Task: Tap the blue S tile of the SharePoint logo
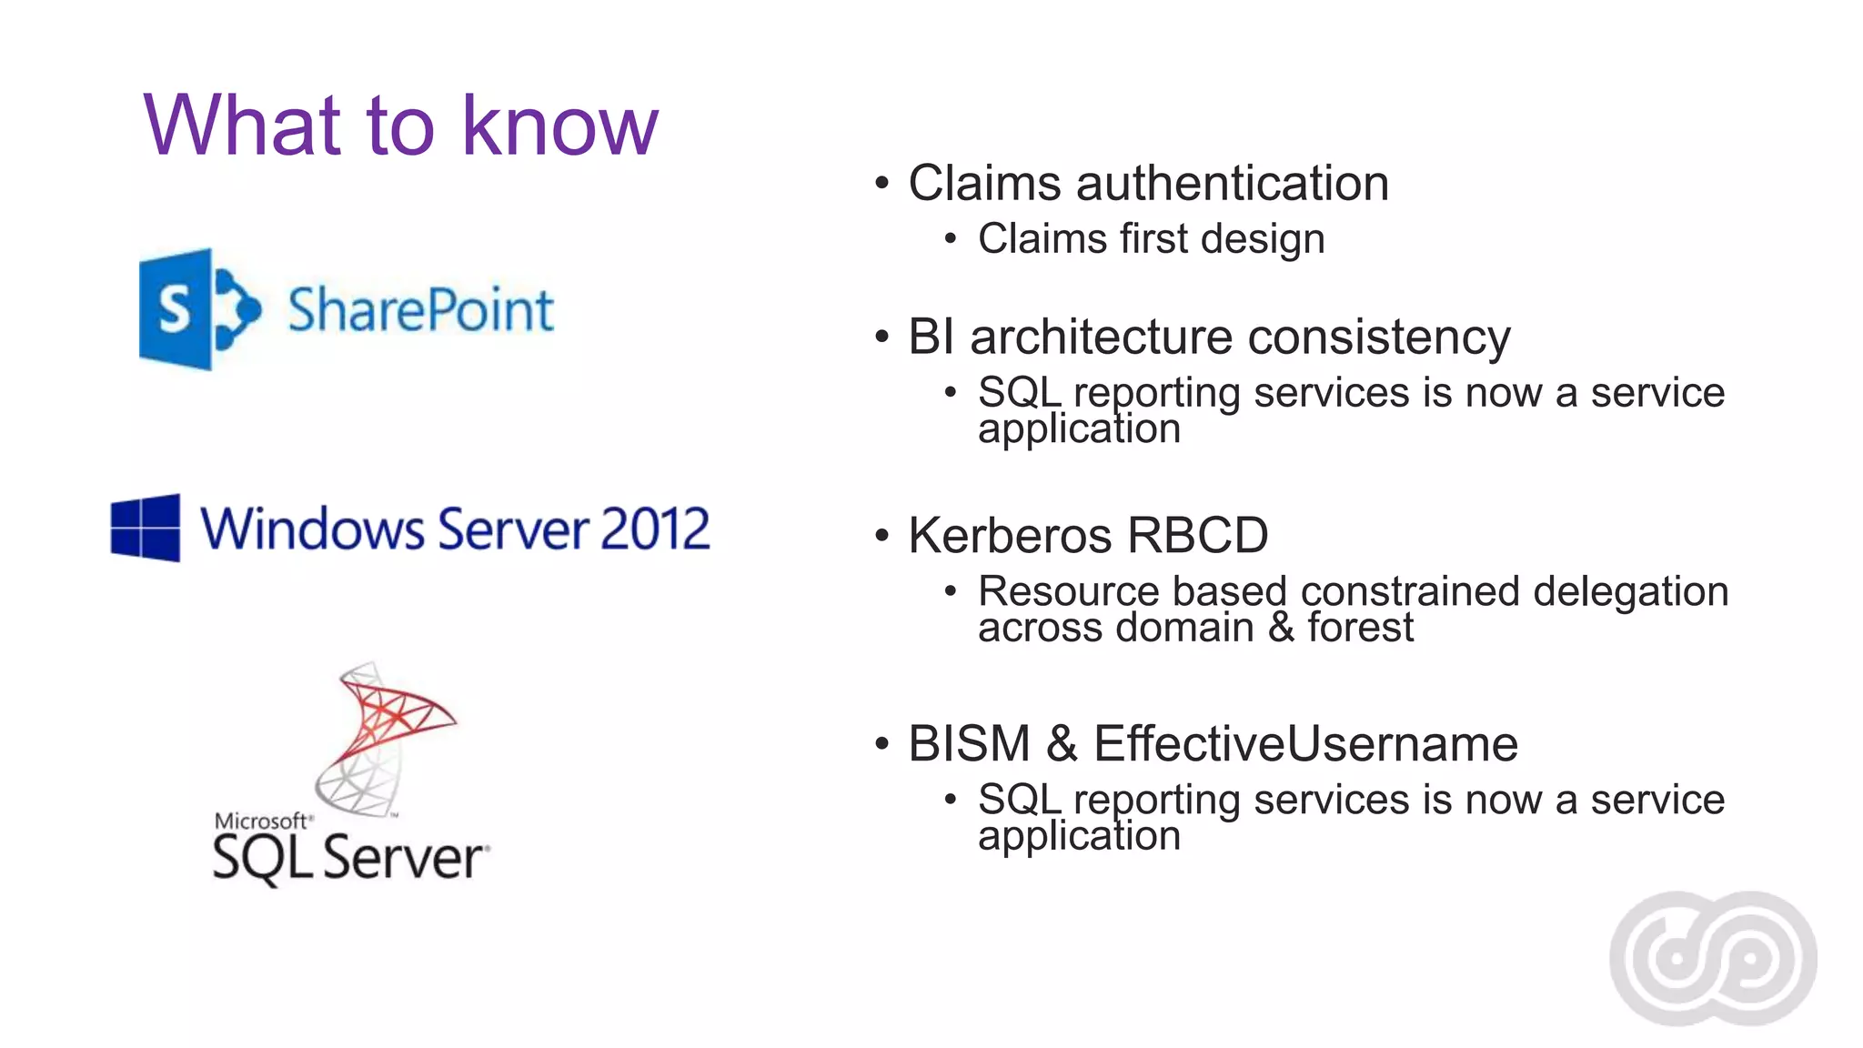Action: coord(176,309)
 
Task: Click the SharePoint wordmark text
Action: coord(420,310)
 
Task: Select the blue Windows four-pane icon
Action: coord(146,528)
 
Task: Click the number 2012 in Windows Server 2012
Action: coord(654,529)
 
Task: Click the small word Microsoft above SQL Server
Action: coord(261,821)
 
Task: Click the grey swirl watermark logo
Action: coord(1713,958)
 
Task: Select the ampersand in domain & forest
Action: coord(1281,627)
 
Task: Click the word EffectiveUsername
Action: coord(1305,744)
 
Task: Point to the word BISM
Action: coord(969,744)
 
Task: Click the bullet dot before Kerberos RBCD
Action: coord(881,536)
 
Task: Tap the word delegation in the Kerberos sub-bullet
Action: coord(1630,591)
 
